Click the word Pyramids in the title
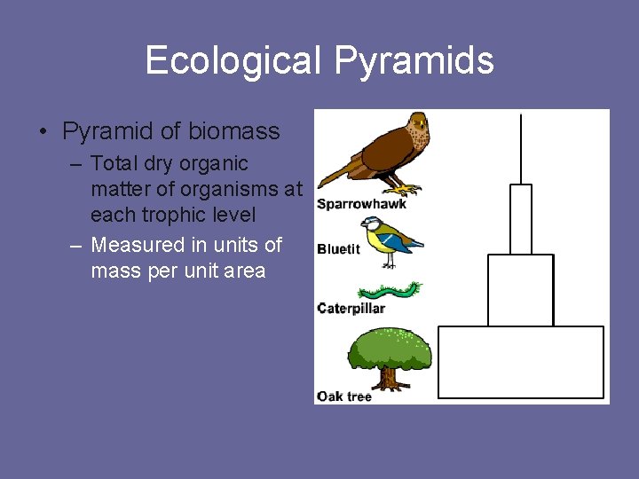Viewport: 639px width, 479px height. coord(414,61)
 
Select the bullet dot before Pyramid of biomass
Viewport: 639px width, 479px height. coord(43,133)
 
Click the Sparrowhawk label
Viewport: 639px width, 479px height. coord(361,204)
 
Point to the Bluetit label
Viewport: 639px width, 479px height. coord(339,249)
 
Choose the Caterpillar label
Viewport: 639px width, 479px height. coord(351,308)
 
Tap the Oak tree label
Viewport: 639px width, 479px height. coord(344,397)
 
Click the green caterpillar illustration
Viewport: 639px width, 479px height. coord(388,291)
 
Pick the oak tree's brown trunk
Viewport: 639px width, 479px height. coord(388,378)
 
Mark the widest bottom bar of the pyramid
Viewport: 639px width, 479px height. coord(521,362)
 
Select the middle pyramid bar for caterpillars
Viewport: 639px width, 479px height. coord(520,290)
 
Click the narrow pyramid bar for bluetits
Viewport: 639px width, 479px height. coord(521,219)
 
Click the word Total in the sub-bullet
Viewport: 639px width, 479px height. coord(116,164)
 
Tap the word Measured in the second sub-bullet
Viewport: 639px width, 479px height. coord(134,245)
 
